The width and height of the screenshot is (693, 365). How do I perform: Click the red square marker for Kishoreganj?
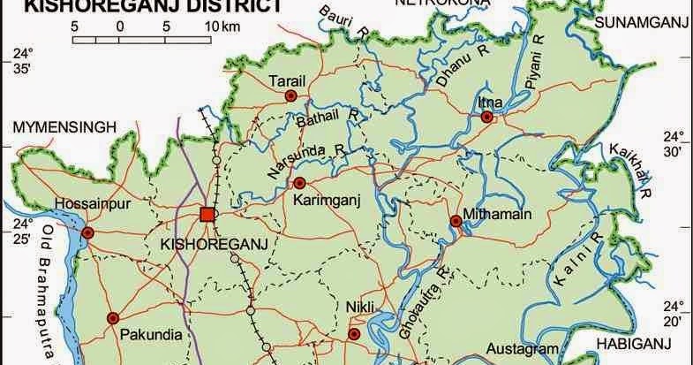pyautogui.click(x=207, y=215)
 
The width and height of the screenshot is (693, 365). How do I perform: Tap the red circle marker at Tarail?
pyautogui.click(x=290, y=95)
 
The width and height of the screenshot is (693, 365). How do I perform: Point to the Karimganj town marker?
pyautogui.click(x=299, y=184)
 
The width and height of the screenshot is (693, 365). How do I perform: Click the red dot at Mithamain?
pyautogui.click(x=456, y=221)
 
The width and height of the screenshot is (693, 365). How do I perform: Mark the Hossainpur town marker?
pyautogui.click(x=87, y=233)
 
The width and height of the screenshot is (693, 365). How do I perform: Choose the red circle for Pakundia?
pyautogui.click(x=112, y=318)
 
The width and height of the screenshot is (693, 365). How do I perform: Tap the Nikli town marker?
pyautogui.click(x=354, y=334)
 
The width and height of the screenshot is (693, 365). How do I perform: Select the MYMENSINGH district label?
pyautogui.click(x=65, y=128)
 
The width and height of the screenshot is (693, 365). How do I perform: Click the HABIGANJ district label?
pyautogui.click(x=640, y=343)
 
